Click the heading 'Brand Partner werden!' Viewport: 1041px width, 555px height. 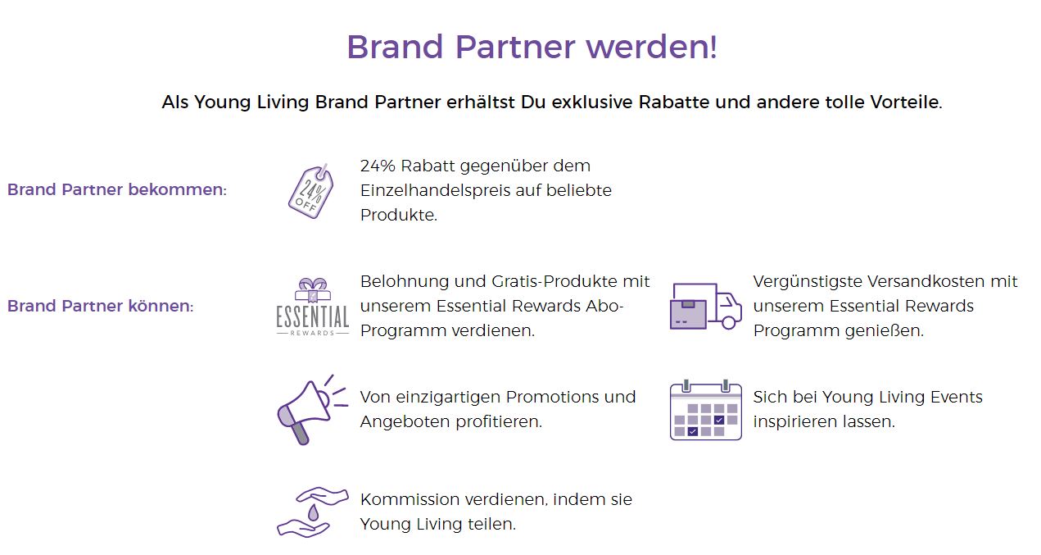[532, 47]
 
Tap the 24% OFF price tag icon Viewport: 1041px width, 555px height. [310, 191]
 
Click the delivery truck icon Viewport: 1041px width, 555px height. [705, 307]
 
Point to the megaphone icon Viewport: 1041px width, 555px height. [312, 410]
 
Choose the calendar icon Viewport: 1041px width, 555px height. [705, 410]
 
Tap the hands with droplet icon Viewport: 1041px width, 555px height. [312, 512]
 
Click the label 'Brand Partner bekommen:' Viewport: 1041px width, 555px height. [117, 190]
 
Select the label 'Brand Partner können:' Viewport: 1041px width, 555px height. [101, 306]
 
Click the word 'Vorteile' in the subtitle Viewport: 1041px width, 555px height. [906, 102]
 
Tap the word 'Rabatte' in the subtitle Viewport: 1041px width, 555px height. [674, 102]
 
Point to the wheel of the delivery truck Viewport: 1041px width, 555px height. [729, 322]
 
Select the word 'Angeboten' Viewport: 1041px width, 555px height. [405, 422]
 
